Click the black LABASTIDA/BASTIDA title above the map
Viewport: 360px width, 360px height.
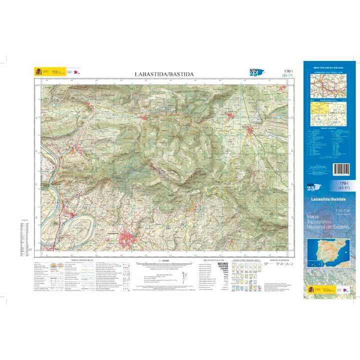coord(163,74)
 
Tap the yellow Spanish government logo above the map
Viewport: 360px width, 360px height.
coord(39,71)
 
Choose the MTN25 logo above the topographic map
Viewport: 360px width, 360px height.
coord(255,72)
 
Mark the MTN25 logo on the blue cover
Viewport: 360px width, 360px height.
coord(311,187)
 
